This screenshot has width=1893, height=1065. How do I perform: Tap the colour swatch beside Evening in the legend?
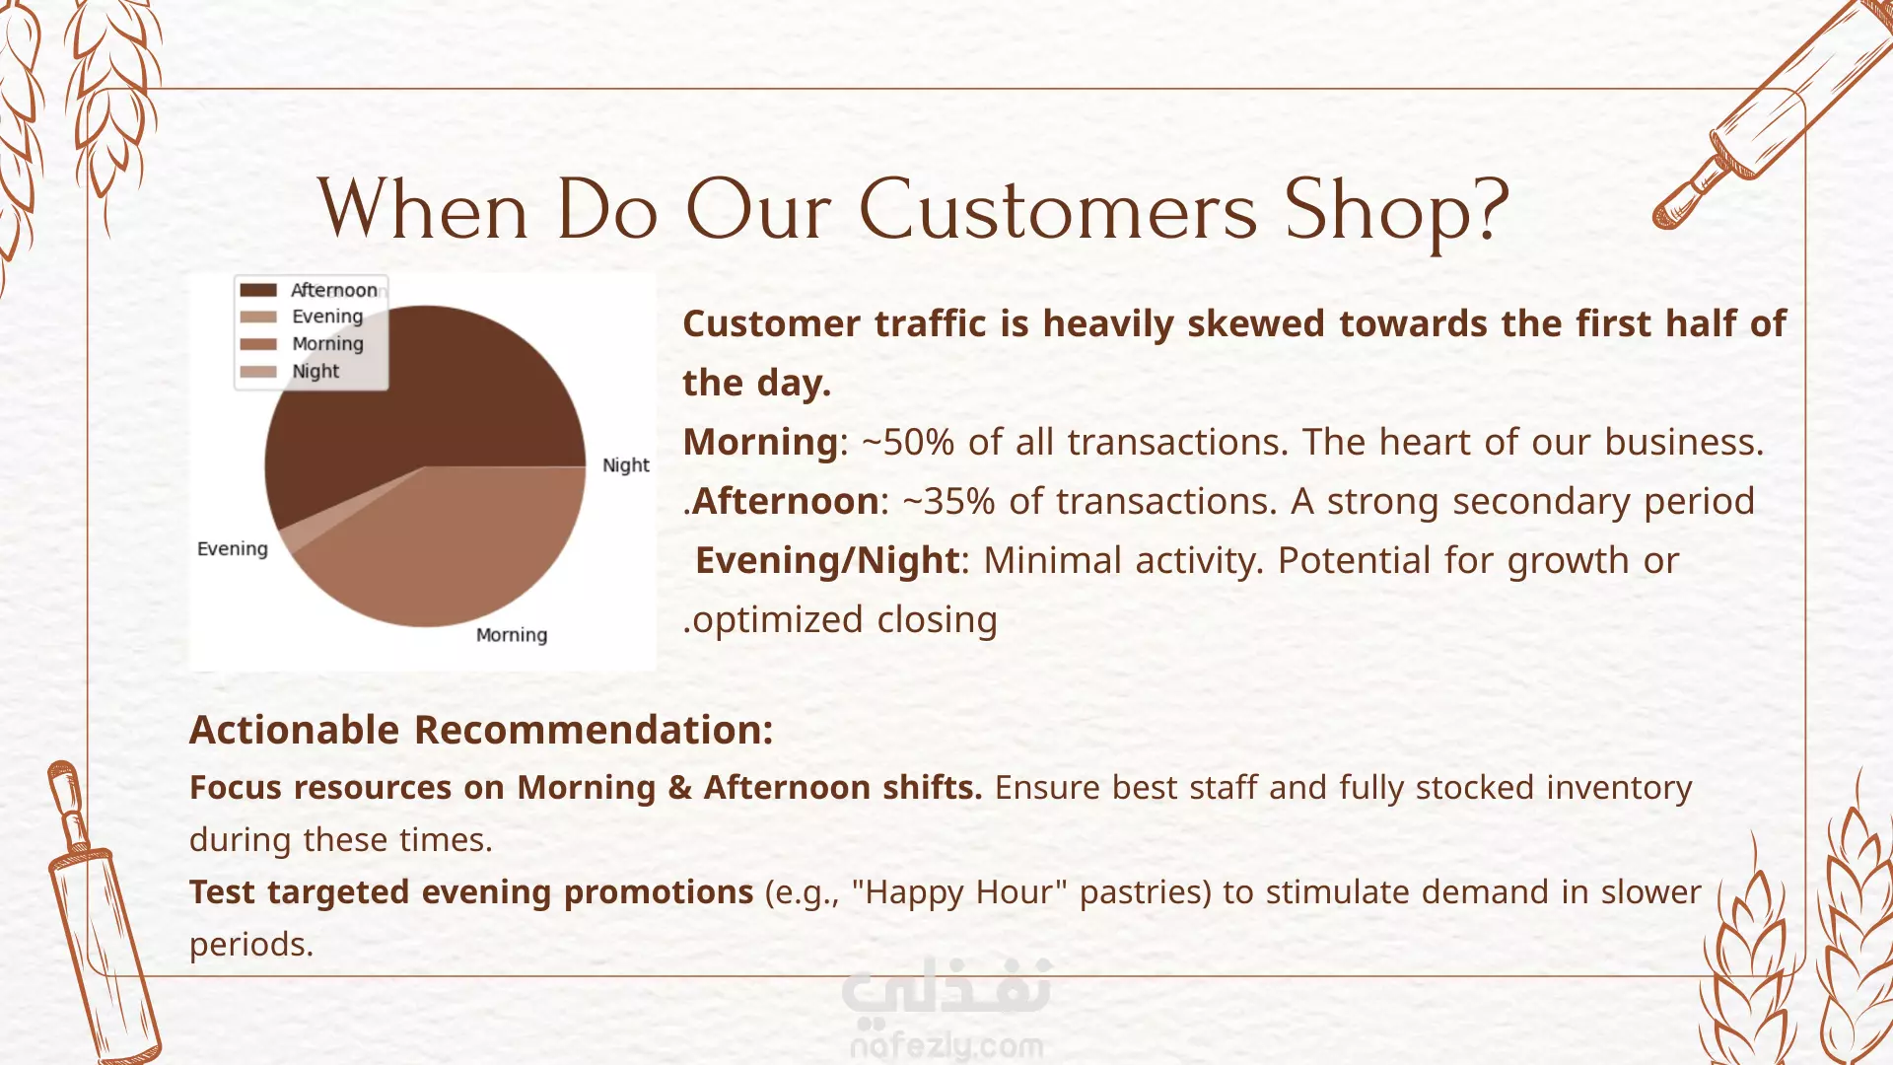coord(258,317)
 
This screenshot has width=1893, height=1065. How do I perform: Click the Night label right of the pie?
coord(626,464)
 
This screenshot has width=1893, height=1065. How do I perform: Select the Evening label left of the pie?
coord(233,548)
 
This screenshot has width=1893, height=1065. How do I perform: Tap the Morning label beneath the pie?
coord(512,635)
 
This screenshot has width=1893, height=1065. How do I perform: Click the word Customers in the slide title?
coord(1058,209)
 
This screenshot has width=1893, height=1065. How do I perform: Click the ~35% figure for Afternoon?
coord(948,501)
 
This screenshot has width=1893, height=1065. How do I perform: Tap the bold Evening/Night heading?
coord(827,560)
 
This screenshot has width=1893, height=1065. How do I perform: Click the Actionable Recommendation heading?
coord(481,730)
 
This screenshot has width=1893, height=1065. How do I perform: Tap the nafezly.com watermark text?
coord(946,1045)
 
